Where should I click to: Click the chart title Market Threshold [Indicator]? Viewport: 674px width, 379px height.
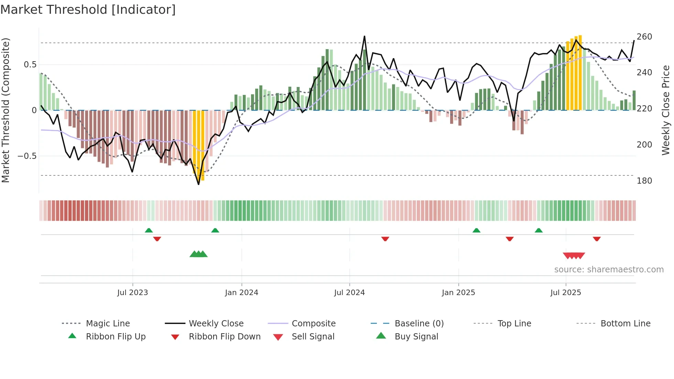[x=88, y=10]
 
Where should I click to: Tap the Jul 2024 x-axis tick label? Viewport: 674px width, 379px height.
[x=349, y=292]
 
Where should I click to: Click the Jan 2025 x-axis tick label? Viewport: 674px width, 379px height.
[x=458, y=292]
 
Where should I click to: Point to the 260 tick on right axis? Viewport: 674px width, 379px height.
[x=644, y=36]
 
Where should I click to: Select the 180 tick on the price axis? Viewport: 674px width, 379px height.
[x=644, y=181]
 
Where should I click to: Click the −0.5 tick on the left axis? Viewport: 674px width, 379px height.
[x=27, y=156]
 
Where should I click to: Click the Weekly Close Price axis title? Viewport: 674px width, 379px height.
[x=666, y=110]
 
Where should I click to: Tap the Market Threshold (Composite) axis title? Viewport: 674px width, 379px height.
[x=6, y=110]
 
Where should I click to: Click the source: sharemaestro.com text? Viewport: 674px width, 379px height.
[x=609, y=269]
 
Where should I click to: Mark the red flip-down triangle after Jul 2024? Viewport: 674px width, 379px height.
[x=385, y=239]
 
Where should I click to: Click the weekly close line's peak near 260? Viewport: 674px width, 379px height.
[x=365, y=36]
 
